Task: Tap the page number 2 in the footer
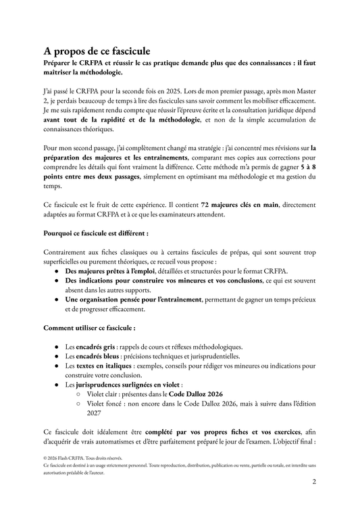314,482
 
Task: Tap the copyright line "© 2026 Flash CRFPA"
74,458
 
